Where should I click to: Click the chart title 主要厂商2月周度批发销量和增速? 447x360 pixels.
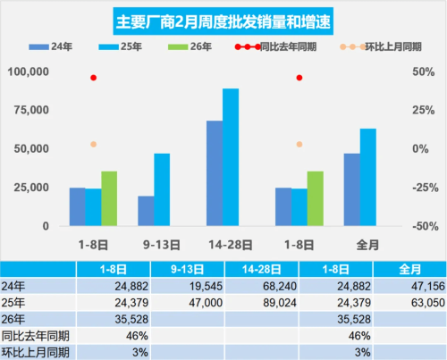click(223, 20)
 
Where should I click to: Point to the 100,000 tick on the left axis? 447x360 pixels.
click(31, 71)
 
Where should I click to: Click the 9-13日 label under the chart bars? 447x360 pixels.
click(160, 242)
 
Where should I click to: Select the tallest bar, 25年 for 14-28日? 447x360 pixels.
click(231, 157)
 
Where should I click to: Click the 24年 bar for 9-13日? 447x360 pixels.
click(145, 211)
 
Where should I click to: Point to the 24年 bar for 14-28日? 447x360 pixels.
click(215, 173)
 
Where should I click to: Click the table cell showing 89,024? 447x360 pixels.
click(259, 302)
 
